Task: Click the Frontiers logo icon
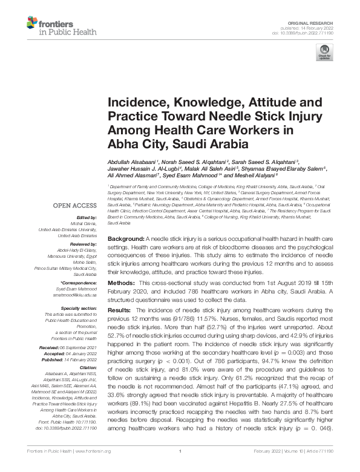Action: click(x=33, y=24)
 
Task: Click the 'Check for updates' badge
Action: click(x=326, y=52)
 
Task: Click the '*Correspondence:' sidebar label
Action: click(x=80, y=283)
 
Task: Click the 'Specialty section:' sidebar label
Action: click(x=79, y=307)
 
